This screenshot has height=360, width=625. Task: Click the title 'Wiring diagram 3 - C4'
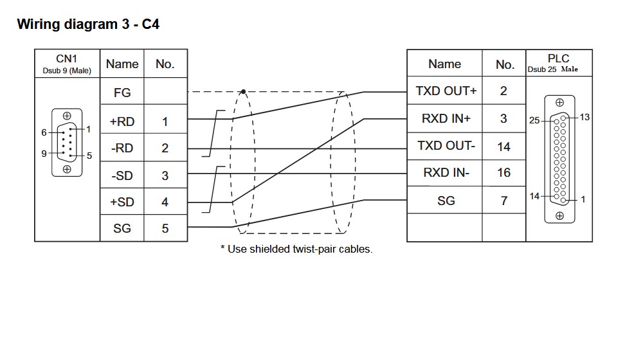(88, 25)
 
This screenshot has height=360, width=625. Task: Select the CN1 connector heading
(67, 59)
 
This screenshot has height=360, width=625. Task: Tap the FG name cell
(122, 93)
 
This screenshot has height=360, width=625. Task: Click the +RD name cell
(122, 121)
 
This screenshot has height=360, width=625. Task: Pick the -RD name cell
(122, 148)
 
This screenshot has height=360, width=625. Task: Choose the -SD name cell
(122, 175)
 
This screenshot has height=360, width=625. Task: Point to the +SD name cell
(122, 202)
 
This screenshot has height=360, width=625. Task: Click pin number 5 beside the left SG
(165, 228)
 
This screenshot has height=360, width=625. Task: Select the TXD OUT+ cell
(446, 91)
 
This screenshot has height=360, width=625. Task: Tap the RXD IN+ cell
(446, 118)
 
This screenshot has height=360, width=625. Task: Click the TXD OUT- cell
(446, 146)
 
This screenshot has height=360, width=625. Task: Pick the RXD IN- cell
(446, 173)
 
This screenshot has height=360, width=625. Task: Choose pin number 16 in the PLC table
(503, 173)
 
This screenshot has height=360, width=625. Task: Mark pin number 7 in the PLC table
(503, 201)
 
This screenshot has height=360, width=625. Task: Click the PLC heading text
(558, 59)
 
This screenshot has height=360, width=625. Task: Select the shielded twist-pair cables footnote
(296, 249)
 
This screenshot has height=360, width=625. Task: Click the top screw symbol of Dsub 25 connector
(559, 102)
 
